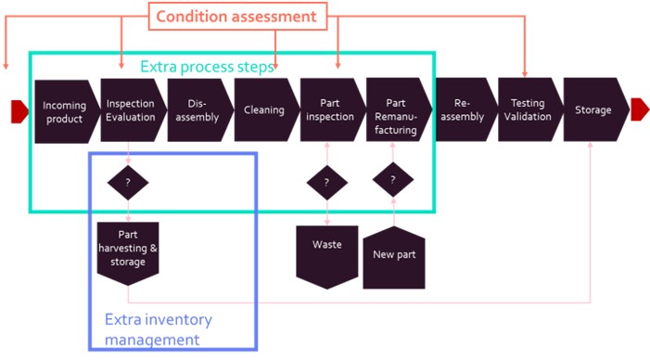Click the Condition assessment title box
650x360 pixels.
tap(237, 16)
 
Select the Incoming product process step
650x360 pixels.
tap(67, 111)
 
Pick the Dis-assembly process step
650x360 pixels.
tap(200, 110)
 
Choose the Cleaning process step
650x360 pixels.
tap(266, 109)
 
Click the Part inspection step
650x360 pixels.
tap(333, 109)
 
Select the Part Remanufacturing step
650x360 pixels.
tap(399, 109)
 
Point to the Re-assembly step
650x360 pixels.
tap(465, 109)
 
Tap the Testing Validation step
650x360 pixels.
tap(530, 109)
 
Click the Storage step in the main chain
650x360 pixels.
tap(596, 109)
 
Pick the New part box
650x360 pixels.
tap(394, 257)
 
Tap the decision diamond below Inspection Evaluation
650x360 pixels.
tap(128, 183)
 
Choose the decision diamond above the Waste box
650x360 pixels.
tap(326, 183)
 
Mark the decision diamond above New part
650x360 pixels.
tap(393, 180)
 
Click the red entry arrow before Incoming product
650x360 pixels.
tap(19, 111)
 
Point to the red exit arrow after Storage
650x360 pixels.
tap(640, 109)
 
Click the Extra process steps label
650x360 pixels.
tap(207, 67)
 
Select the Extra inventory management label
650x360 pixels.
tap(159, 329)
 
